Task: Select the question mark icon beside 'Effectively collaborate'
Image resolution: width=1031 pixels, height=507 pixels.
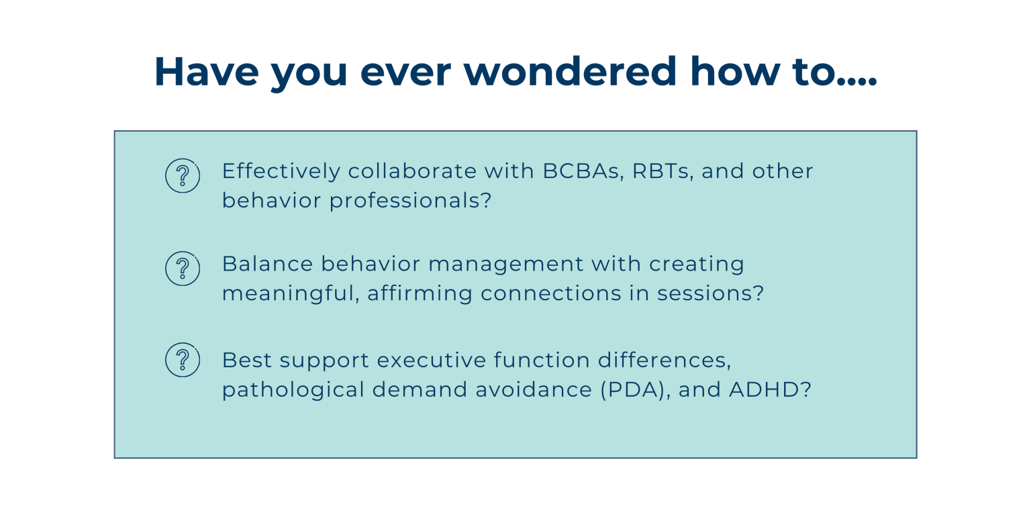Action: (182, 176)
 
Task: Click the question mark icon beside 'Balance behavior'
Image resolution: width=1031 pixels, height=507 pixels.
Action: (182, 269)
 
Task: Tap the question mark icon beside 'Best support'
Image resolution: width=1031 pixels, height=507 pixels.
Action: (182, 360)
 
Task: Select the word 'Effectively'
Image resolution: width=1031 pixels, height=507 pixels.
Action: (281, 171)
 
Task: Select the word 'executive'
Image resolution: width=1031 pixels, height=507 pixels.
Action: (431, 361)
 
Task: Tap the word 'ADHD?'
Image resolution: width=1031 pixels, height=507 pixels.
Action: (771, 390)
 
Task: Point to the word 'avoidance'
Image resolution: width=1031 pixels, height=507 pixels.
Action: (529, 390)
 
